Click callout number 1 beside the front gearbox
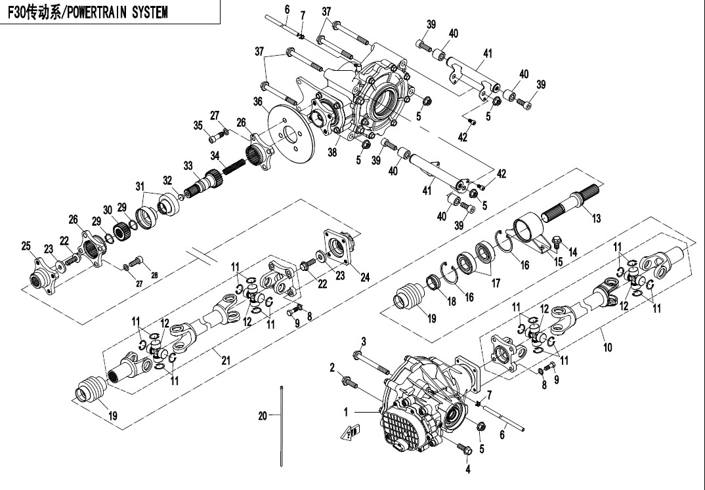(345, 411)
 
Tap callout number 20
(263, 415)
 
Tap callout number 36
(258, 101)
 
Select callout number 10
(608, 347)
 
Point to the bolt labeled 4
(465, 451)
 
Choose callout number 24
(365, 278)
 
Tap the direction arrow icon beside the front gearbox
(350, 431)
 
